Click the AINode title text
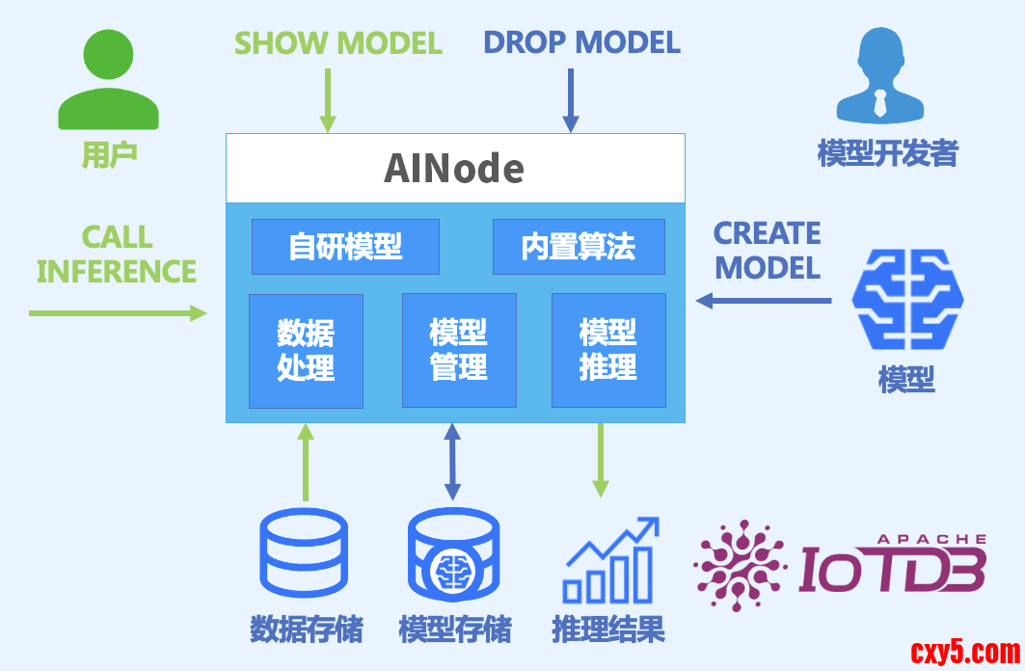point(454,169)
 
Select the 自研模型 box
point(345,247)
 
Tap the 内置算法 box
point(579,247)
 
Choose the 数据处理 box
point(306,351)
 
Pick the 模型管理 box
point(459,351)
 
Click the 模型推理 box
point(608,351)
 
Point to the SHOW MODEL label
point(338,43)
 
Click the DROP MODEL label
point(581,42)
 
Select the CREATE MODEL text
point(768,250)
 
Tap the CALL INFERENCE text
point(117,254)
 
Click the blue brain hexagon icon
point(907,299)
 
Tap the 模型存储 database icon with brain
point(453,553)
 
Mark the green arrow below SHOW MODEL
point(328,99)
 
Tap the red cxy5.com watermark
point(964,652)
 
